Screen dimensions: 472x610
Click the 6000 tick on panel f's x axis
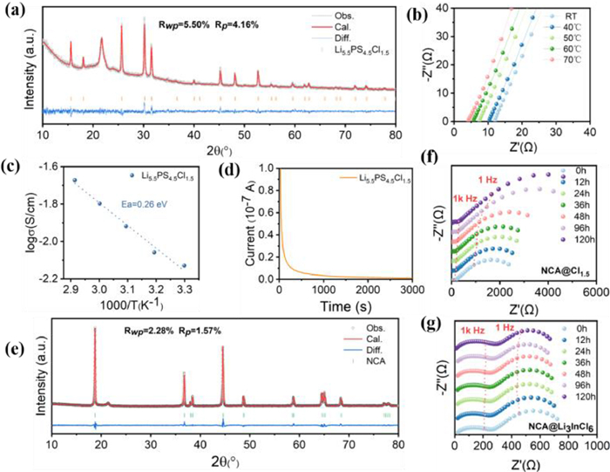[595, 290]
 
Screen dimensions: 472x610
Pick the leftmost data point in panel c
[75, 180]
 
